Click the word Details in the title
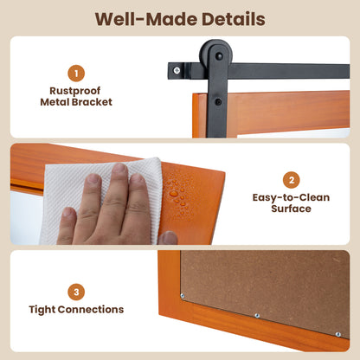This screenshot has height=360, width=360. point(234,19)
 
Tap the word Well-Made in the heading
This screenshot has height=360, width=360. point(146,19)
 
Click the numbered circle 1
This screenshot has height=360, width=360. point(76,74)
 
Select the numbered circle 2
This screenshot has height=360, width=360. point(292,180)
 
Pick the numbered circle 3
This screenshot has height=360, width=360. point(76,292)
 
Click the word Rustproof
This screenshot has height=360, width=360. point(75,91)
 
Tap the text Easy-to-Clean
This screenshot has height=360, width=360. point(291,197)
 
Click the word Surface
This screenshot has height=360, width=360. point(291,209)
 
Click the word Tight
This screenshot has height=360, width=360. point(42,310)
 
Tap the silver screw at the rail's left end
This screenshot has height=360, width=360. point(177,70)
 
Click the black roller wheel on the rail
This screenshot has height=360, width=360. point(216,55)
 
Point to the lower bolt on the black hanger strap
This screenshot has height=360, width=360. point(218,102)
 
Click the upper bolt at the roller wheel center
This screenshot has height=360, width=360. point(219,56)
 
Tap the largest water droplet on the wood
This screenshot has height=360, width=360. point(174,193)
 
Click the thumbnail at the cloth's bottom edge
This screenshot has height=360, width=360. point(168,238)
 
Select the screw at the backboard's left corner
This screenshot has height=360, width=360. point(183,296)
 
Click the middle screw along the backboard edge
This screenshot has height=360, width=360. point(257,316)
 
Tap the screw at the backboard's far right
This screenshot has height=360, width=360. point(337,335)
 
